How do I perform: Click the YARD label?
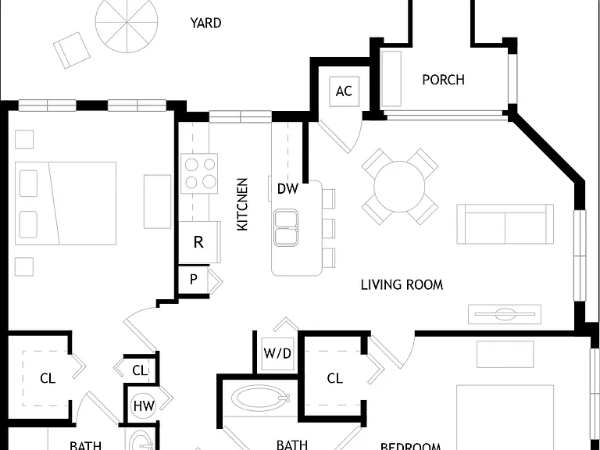click(206, 23)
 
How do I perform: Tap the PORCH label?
click(444, 80)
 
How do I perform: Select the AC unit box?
click(345, 91)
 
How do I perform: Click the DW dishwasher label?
click(287, 188)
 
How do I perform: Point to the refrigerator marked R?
click(199, 242)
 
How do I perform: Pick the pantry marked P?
click(194, 280)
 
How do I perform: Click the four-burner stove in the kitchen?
click(199, 173)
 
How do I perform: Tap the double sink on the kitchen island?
click(286, 227)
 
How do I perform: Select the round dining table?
click(399, 187)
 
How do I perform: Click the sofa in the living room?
click(505, 224)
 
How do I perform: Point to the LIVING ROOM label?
click(402, 284)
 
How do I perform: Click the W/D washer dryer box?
click(278, 354)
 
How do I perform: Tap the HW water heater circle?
click(144, 405)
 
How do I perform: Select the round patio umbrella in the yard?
click(127, 23)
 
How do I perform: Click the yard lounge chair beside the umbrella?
click(72, 50)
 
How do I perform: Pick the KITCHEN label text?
click(243, 204)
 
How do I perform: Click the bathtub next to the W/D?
click(261, 398)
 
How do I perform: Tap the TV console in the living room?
click(505, 314)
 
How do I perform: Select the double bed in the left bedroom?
click(66, 203)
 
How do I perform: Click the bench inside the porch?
click(391, 78)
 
